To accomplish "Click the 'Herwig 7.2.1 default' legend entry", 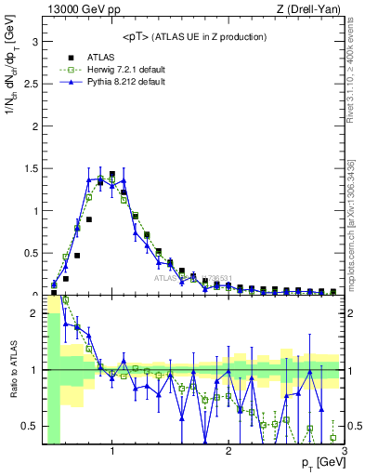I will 122,69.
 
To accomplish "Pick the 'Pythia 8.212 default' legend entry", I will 121,82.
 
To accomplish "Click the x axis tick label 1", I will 112,452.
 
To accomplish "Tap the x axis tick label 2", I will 228,452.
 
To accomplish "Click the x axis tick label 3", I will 344,452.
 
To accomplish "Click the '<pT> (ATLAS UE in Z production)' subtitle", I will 194,36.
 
